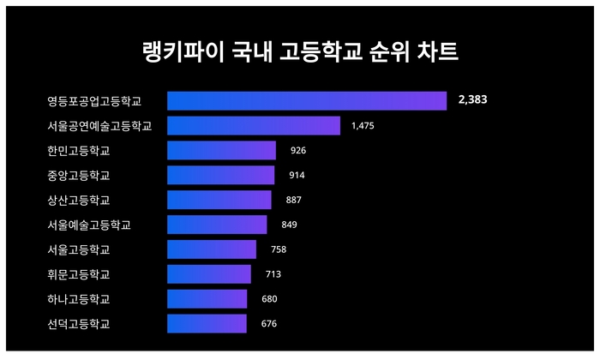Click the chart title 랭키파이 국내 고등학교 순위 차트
pos(300,51)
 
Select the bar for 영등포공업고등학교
pos(306,101)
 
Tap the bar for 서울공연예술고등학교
pos(253,126)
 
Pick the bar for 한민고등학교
pos(221,151)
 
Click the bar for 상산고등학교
pos(219,200)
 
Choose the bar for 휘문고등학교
pos(208,274)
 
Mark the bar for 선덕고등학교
pos(207,324)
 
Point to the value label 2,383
pos(473,100)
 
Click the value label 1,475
pos(363,126)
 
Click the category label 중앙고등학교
pos(79,176)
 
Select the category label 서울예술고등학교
pos(89,225)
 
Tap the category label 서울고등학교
pos(79,250)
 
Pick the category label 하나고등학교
pos(79,300)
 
